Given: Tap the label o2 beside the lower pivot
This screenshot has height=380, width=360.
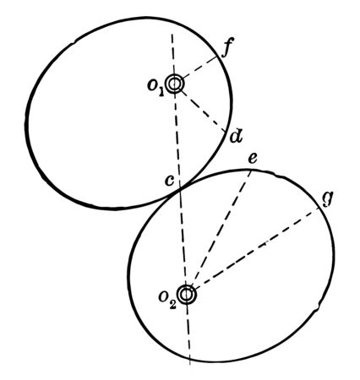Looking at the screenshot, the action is pyautogui.click(x=167, y=299).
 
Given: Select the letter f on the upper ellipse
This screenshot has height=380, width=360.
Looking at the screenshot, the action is pyautogui.click(x=226, y=49).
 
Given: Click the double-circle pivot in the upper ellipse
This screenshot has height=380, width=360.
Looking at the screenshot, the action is pyautogui.click(x=175, y=84).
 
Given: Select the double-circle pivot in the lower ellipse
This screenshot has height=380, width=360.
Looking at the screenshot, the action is pyautogui.click(x=187, y=295).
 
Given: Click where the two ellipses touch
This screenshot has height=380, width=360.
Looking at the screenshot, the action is pyautogui.click(x=181, y=192).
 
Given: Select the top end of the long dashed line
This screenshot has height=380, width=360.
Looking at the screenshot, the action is pyautogui.click(x=172, y=31).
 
